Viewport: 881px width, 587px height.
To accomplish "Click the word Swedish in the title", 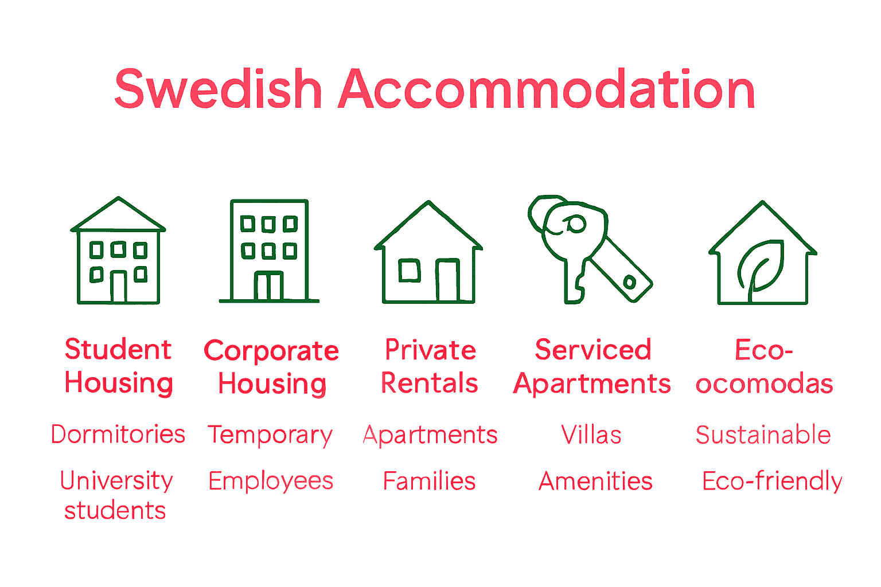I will [218, 89].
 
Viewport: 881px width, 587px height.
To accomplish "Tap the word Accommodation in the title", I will [547, 89].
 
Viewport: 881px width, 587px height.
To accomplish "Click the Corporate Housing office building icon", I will [269, 251].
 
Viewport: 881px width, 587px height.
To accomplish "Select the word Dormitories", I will [118, 435].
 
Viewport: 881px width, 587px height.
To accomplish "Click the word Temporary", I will [270, 435].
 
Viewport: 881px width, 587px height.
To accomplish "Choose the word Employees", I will [271, 481].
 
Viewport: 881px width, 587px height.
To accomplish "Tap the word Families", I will [429, 481].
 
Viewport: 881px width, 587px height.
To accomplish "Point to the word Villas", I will [591, 435].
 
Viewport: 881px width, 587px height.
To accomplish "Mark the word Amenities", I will [595, 481].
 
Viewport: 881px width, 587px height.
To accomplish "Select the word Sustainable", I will [763, 435].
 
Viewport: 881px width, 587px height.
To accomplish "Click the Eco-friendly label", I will [772, 481].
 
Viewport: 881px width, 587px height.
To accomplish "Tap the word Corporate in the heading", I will [271, 351].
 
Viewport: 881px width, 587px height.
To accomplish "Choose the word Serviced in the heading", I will [593, 350].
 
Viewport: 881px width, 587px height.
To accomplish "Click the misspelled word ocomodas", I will [764, 383].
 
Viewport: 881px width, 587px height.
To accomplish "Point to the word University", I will [116, 480].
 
